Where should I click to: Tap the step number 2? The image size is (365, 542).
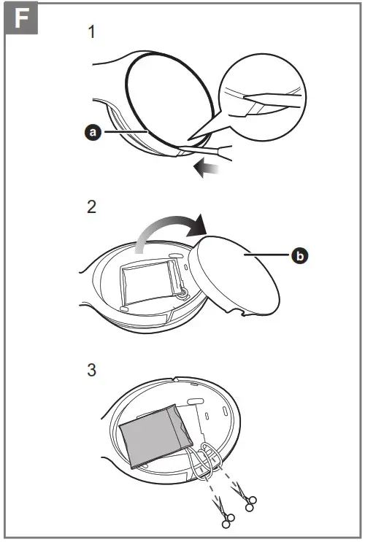coord(91,207)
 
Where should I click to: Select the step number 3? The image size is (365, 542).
coord(91,370)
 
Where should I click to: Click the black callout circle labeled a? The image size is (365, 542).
coord(93,132)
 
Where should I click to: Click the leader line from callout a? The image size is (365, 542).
coord(124,132)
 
